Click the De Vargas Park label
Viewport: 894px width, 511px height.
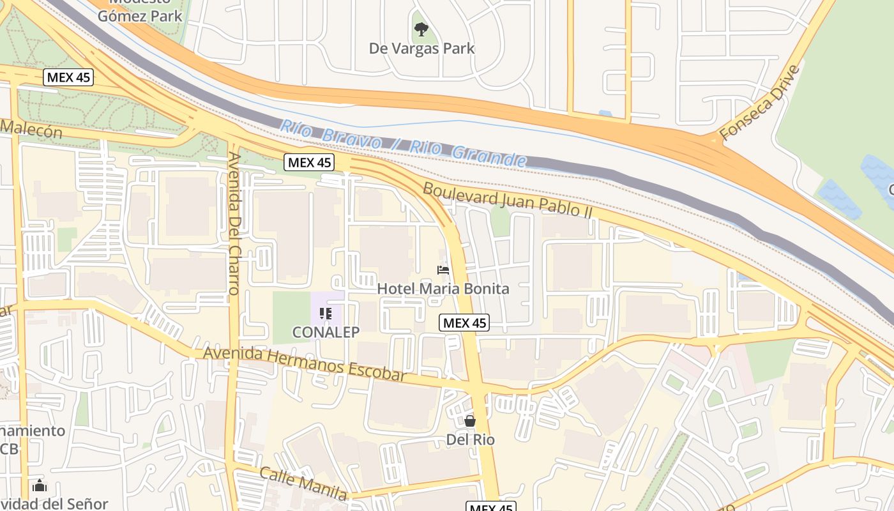tap(421, 48)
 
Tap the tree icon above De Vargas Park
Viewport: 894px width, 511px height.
tap(421, 29)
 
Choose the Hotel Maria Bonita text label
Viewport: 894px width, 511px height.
tap(443, 289)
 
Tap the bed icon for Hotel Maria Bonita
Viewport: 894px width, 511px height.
tap(443, 270)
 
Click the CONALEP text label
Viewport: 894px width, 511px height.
tap(326, 332)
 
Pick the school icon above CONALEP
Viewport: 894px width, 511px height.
tap(326, 314)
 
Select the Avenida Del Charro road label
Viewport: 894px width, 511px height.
tap(234, 223)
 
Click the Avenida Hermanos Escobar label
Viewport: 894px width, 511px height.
tap(305, 364)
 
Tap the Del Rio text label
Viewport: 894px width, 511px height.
tap(470, 439)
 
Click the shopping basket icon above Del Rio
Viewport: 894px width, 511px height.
tap(470, 421)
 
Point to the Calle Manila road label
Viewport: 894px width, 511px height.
tap(303, 483)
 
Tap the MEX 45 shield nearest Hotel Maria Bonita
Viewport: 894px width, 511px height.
tap(465, 323)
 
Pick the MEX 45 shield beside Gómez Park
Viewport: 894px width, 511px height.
tap(69, 78)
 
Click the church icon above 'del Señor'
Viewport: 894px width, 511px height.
tap(40, 486)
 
